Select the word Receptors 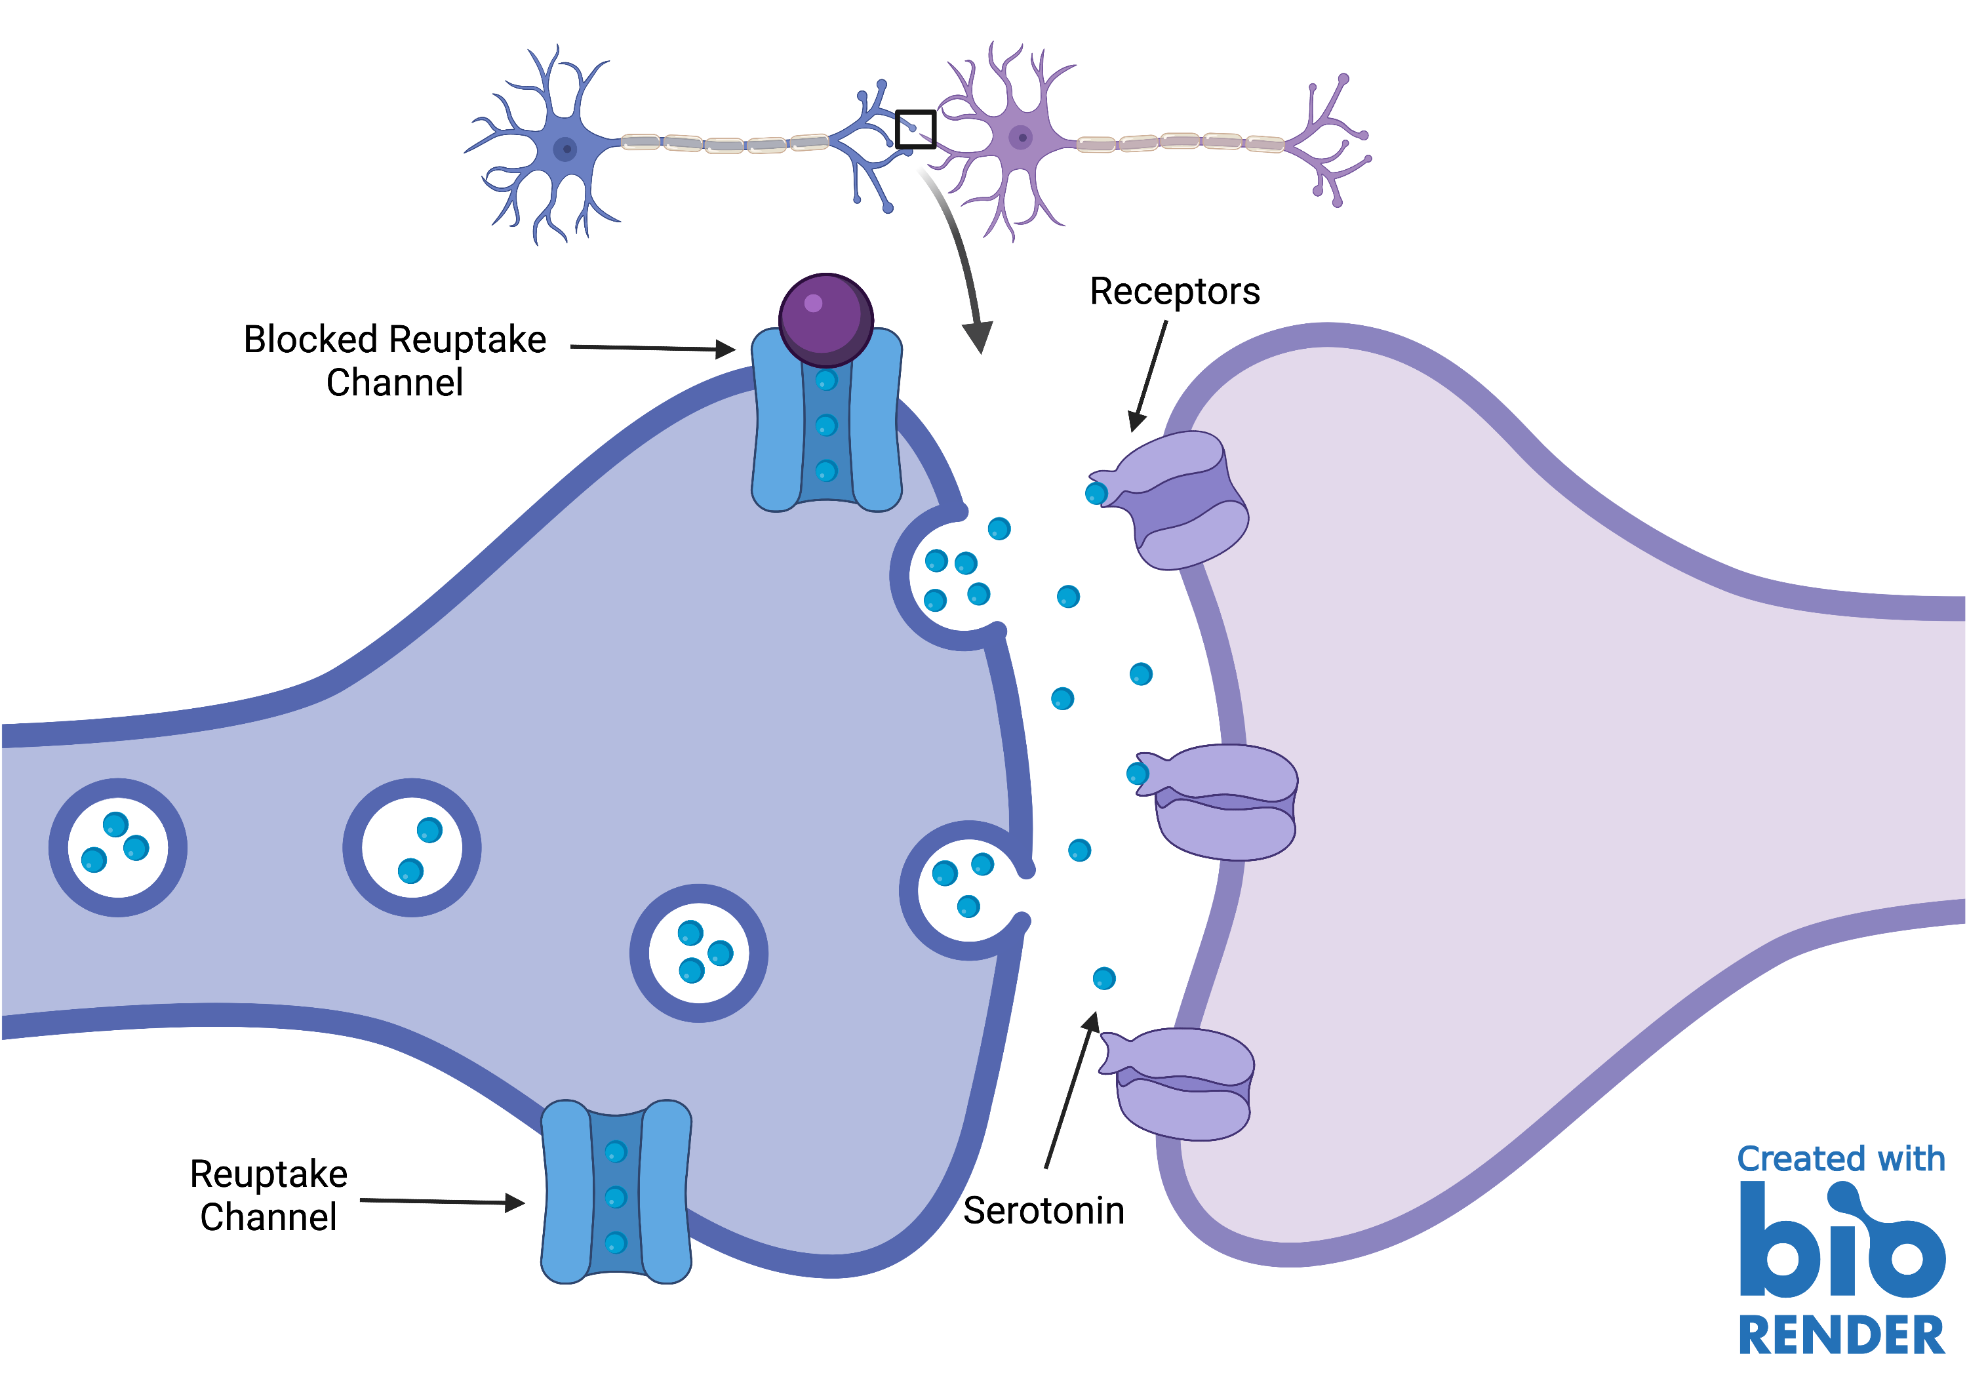[x=1174, y=291]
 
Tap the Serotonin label [x=1043, y=1210]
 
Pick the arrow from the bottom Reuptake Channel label [x=442, y=1201]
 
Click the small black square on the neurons [x=915, y=129]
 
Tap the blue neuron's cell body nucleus [x=565, y=149]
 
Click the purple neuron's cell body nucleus [x=1020, y=137]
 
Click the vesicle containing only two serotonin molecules [x=412, y=847]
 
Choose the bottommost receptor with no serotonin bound [x=1182, y=1084]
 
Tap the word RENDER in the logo [x=1841, y=1335]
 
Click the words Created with [x=1841, y=1159]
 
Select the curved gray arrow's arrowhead [x=978, y=336]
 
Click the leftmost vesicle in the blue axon [x=118, y=847]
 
